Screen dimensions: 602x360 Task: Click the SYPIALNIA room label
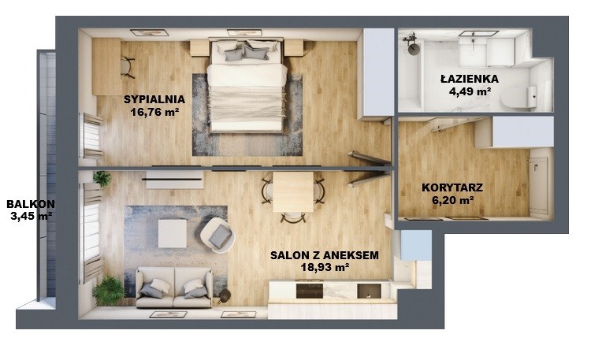click(x=154, y=99)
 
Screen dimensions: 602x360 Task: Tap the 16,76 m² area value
click(x=155, y=112)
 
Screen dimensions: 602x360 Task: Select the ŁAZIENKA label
click(x=470, y=79)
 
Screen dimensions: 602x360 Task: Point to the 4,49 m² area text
click(x=470, y=91)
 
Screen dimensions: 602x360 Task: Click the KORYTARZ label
click(x=452, y=187)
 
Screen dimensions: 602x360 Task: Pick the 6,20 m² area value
click(x=453, y=200)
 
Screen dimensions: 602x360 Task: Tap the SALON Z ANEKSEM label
click(x=325, y=255)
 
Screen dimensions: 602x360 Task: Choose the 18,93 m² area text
click(x=325, y=267)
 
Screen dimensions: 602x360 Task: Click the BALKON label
click(x=31, y=204)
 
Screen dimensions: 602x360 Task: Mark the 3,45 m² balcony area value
click(x=31, y=216)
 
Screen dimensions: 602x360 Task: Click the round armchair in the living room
click(x=217, y=235)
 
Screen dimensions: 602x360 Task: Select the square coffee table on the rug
click(x=173, y=233)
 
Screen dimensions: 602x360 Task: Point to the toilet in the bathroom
click(x=518, y=97)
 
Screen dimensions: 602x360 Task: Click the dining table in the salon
click(x=293, y=191)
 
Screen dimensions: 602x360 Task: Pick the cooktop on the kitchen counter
click(x=310, y=291)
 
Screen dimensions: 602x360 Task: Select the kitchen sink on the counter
click(x=369, y=291)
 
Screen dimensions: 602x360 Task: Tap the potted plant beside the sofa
click(x=108, y=289)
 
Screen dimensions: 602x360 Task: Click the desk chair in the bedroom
click(x=128, y=67)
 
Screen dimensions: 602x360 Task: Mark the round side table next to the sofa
click(x=225, y=295)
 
